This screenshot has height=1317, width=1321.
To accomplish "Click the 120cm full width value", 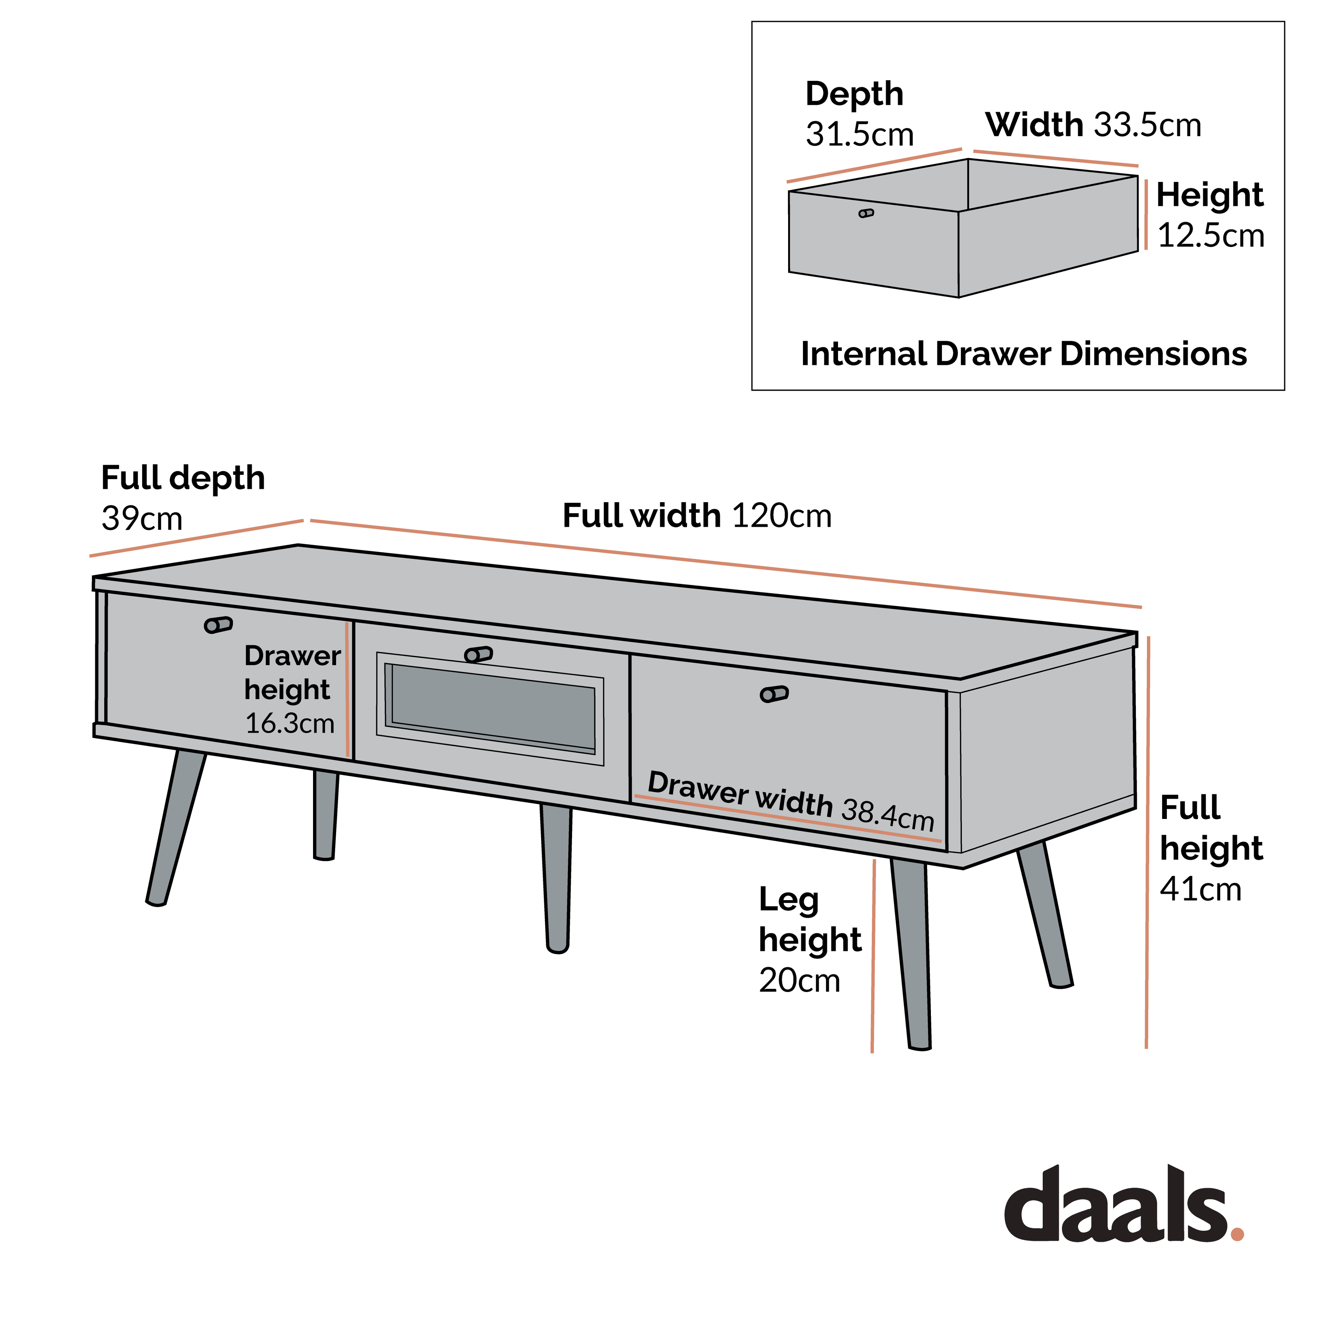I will [782, 516].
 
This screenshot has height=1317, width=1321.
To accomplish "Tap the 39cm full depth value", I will [142, 518].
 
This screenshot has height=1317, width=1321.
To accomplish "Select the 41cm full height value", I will [1200, 889].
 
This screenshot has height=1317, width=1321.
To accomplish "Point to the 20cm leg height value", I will [798, 981].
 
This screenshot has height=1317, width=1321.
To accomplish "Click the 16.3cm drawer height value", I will [289, 723].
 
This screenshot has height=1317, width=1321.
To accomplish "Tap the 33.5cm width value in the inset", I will [1147, 125].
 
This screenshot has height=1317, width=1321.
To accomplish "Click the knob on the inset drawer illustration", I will [866, 213].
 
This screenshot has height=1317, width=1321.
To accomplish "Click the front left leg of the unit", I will [176, 828].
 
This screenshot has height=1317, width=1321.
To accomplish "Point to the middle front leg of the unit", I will [557, 879].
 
